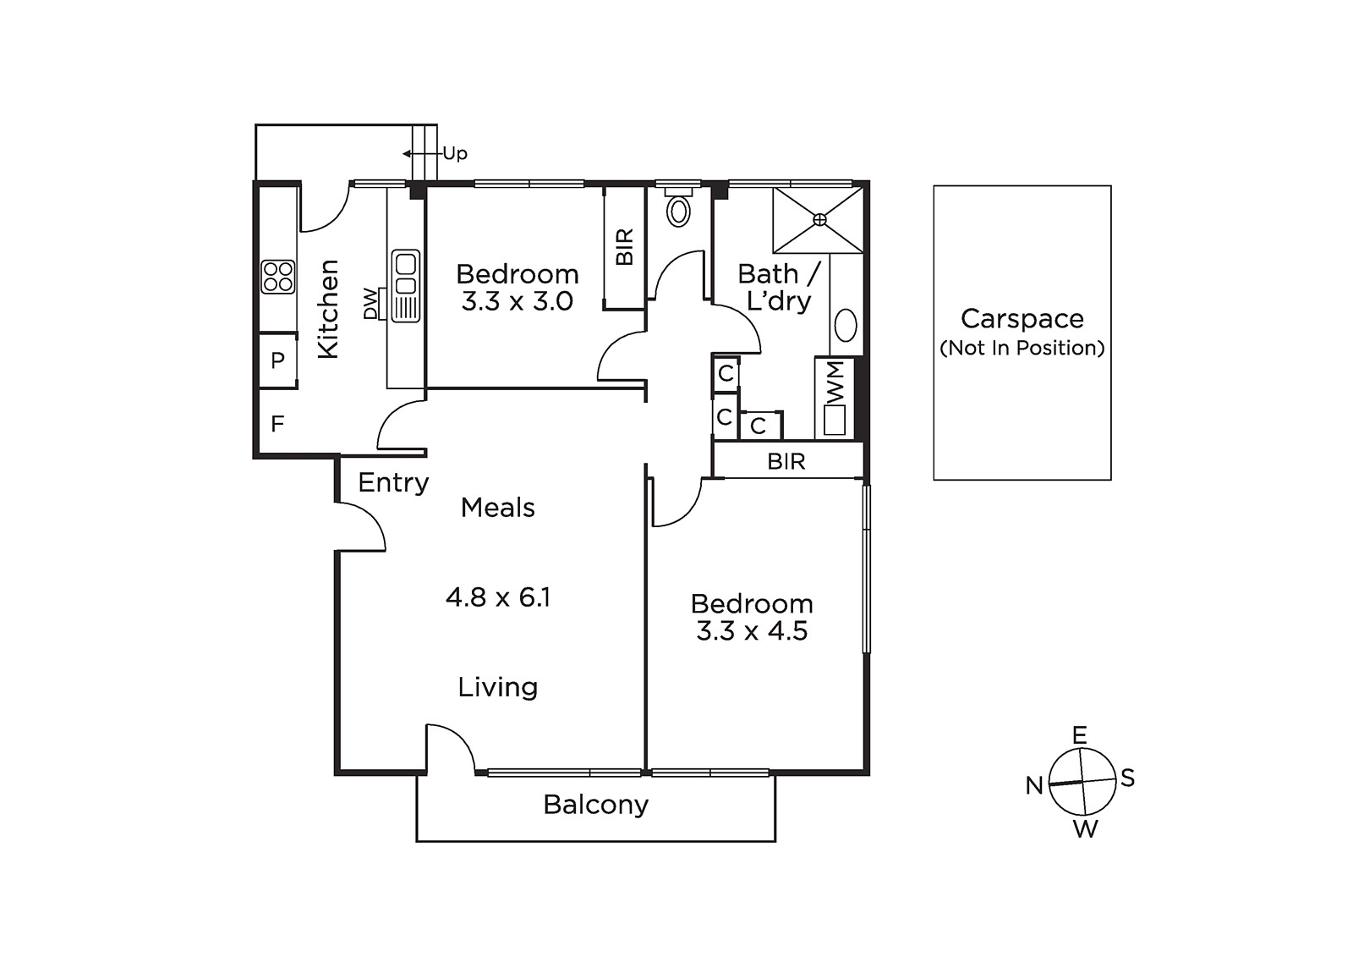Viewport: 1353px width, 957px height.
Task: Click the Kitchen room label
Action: pos(329,309)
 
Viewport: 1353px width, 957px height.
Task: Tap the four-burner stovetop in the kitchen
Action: pos(278,278)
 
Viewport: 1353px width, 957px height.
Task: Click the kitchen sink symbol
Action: pos(405,286)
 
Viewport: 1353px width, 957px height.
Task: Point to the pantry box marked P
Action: pos(278,360)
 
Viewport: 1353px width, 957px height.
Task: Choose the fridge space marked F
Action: pos(277,424)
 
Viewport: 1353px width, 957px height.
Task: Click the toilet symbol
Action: pos(679,207)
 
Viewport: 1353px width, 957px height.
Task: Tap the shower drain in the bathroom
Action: pos(819,220)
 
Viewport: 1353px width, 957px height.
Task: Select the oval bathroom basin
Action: pos(846,326)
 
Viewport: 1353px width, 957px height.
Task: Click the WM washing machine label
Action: pos(835,383)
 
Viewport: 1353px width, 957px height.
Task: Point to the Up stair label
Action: pos(455,154)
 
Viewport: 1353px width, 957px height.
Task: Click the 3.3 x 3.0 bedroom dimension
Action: pos(517,301)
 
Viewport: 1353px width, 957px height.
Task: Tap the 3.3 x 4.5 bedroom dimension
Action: pos(752,631)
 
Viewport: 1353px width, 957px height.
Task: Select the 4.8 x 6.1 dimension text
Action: pos(498,597)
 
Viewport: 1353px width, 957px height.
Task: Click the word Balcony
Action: pos(595,806)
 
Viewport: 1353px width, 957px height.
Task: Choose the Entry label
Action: pos(393,482)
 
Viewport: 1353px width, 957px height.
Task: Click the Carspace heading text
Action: pos(1022,319)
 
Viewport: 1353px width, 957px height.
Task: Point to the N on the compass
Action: pos(1035,785)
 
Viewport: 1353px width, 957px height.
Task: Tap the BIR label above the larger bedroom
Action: pos(786,461)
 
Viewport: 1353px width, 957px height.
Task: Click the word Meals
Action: pos(498,508)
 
